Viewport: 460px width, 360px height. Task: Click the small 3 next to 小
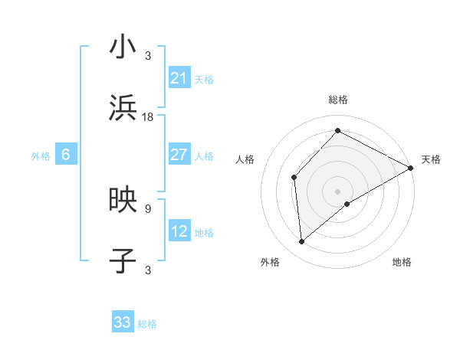(x=148, y=55)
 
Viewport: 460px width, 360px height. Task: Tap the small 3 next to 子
(x=148, y=269)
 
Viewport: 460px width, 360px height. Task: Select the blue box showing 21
(x=179, y=78)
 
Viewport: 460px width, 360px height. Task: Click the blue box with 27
(x=179, y=155)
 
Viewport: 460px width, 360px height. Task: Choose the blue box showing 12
(x=179, y=231)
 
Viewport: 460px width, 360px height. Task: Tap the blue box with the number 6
(x=65, y=155)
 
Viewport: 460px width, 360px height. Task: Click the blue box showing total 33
(x=123, y=322)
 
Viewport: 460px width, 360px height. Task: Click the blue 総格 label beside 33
(x=147, y=324)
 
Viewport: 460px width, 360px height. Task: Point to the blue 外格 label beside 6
(x=41, y=156)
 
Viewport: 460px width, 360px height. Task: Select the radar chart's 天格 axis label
(x=431, y=159)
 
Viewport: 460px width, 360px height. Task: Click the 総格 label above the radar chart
(x=338, y=100)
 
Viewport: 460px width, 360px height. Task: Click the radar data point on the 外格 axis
(x=302, y=241)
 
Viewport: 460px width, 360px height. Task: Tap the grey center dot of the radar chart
(x=338, y=191)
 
